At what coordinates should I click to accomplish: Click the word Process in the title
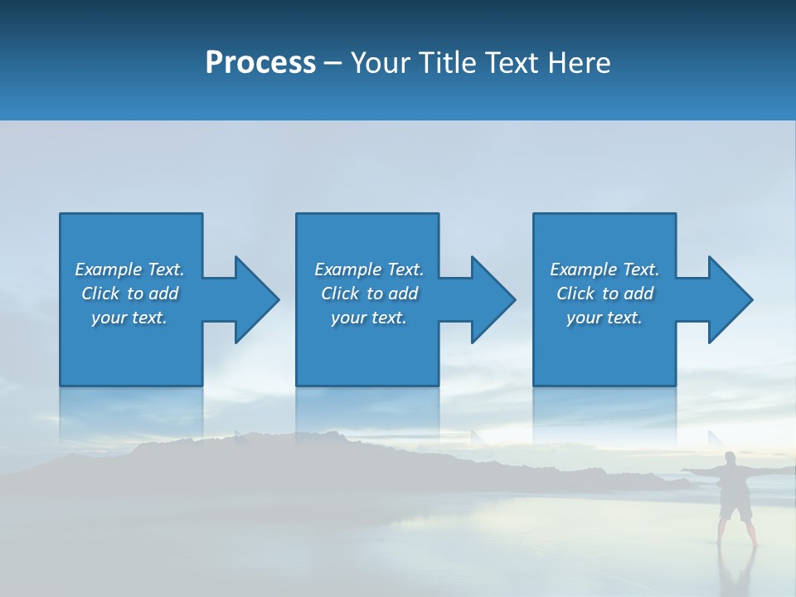point(260,63)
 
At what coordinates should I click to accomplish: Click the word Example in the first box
point(108,269)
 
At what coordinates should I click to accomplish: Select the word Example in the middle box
point(347,269)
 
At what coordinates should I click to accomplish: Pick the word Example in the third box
point(583,269)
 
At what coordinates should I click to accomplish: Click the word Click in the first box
point(100,294)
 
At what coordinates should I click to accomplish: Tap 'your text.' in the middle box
point(368,318)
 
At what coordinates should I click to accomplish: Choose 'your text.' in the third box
point(604,318)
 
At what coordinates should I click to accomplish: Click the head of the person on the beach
point(730,459)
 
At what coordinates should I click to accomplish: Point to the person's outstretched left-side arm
point(701,471)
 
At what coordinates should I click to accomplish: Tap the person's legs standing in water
point(735,531)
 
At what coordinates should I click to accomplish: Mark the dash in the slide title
point(332,63)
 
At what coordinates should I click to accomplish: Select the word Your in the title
point(381,63)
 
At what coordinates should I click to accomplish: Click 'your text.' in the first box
point(129,318)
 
